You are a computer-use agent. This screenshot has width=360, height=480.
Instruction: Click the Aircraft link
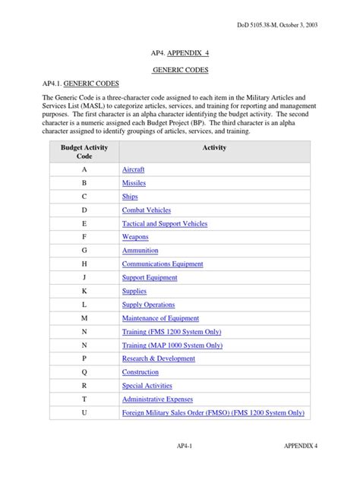133,169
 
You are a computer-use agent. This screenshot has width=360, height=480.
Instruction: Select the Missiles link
134,183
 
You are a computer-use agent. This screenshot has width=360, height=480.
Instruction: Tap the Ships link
130,196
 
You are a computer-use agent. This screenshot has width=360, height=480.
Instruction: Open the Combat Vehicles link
146,210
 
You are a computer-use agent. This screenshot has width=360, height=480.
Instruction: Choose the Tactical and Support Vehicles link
164,223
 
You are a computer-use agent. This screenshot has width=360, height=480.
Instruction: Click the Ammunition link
140,250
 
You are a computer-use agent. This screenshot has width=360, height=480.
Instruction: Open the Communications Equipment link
163,264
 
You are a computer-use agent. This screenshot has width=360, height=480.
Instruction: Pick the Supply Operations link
148,305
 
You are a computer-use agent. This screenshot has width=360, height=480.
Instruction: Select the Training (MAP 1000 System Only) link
172,345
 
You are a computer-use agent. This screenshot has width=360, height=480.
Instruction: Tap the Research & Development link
158,358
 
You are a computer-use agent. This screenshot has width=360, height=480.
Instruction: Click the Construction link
141,372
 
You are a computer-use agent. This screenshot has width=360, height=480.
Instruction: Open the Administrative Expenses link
157,399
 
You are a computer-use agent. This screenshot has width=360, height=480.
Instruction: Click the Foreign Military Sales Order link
213,412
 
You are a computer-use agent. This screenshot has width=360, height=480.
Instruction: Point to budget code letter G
84,250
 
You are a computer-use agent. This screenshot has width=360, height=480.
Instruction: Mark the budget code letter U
84,412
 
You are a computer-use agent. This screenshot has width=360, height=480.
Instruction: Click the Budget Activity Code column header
84,151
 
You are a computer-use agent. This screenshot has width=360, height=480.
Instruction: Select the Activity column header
214,147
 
